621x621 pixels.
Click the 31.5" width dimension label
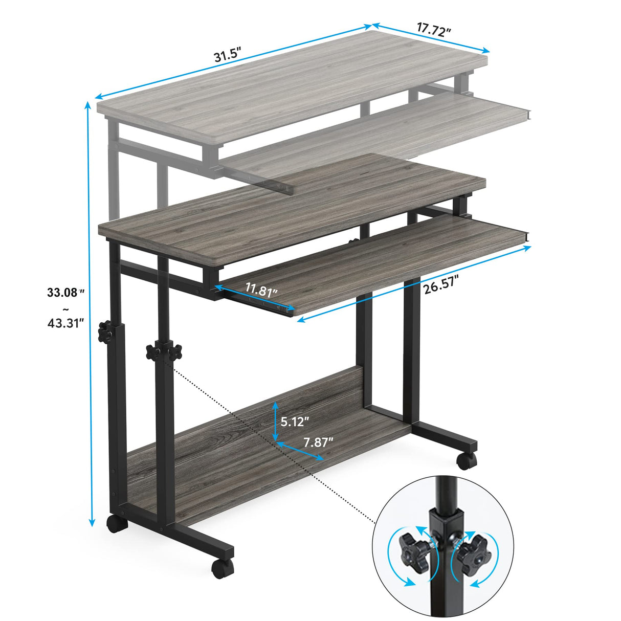pos(227,55)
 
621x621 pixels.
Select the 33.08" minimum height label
pos(65,293)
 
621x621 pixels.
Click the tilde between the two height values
pos(65,308)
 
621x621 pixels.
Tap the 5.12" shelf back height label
pos(295,422)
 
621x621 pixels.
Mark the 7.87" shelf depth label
pos(318,442)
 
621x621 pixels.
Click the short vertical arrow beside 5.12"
pos(275,421)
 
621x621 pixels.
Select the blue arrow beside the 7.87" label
pos(300,451)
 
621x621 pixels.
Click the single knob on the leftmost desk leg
pos(106,331)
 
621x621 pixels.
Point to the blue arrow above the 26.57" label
pos(414,283)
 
